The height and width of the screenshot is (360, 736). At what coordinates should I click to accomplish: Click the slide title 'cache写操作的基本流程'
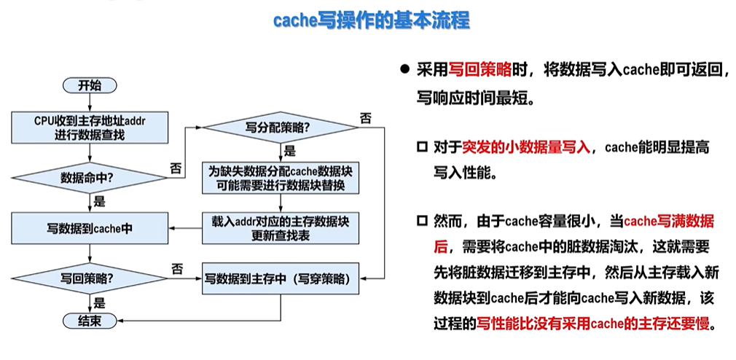(372, 20)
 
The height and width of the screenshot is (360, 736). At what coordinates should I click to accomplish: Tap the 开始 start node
(90, 85)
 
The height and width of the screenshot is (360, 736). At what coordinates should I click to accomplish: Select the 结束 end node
(90, 320)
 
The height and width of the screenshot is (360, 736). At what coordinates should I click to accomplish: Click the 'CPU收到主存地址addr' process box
(90, 128)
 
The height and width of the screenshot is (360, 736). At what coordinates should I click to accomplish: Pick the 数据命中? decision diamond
(90, 176)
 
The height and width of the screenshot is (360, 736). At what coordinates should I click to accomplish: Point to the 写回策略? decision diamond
(90, 278)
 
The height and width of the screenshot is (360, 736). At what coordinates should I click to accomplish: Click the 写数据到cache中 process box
(90, 227)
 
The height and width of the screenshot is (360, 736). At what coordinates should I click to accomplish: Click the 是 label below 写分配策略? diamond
(289, 152)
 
